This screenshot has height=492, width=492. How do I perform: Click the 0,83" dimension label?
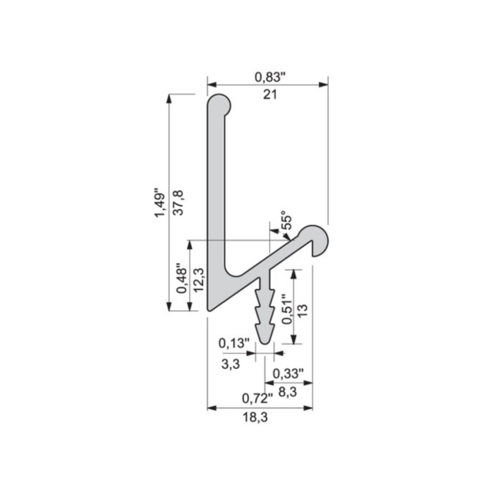(270, 77)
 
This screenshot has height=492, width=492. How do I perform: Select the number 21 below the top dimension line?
(270, 94)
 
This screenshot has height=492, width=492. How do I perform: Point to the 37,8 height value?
(178, 202)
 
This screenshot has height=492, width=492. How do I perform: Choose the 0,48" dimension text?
(182, 280)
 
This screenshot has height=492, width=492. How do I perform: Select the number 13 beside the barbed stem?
(303, 310)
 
